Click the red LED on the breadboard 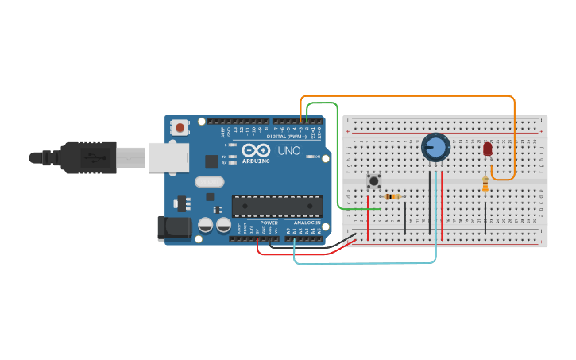point(487,149)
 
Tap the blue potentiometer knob point(435,147)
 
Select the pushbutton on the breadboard point(373,181)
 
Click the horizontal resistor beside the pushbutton point(392,196)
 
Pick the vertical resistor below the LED point(485,184)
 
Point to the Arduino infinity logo point(256,150)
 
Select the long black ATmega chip point(277,206)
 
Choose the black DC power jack point(174,228)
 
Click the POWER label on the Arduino point(269,223)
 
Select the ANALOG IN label point(307,223)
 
